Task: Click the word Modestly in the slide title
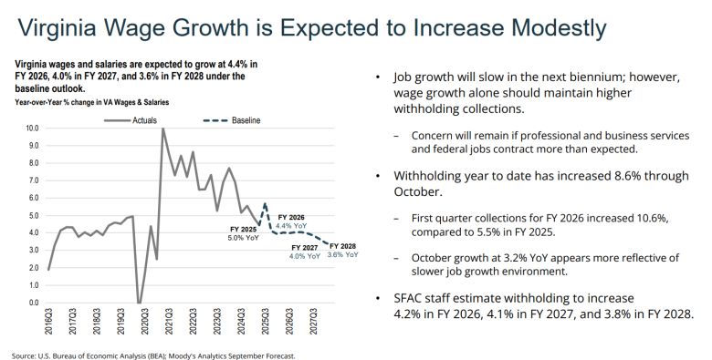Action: pyautogui.click(x=547, y=28)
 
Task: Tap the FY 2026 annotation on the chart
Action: pyautogui.click(x=292, y=216)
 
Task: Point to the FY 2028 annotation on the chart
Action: pyautogui.click(x=342, y=246)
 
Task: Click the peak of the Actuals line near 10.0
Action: pyautogui.click(x=163, y=129)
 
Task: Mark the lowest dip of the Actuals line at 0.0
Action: pyautogui.click(x=139, y=303)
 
